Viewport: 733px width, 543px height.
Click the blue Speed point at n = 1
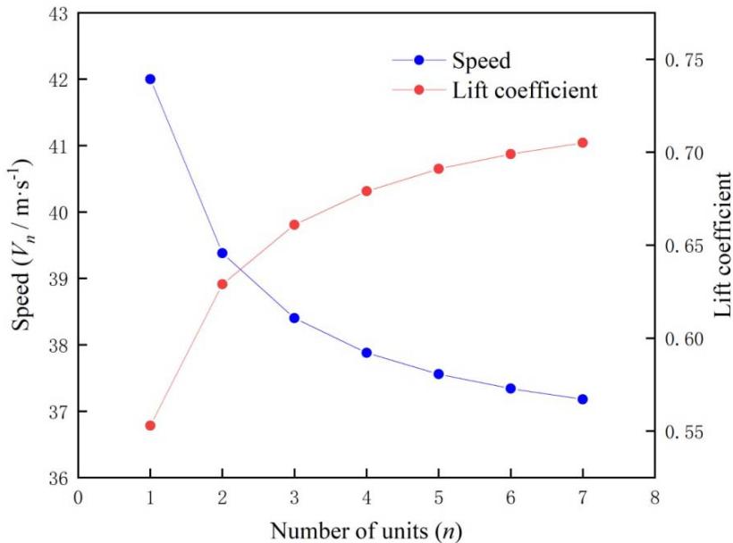(x=150, y=79)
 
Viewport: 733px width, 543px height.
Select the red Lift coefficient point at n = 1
(x=150, y=426)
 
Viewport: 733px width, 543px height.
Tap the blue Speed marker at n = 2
(x=223, y=254)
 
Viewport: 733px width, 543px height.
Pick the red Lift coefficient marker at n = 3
(x=294, y=225)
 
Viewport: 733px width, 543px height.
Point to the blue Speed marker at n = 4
(x=366, y=353)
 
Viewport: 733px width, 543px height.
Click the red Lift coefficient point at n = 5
(x=439, y=169)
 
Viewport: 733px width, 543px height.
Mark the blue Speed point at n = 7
(x=583, y=399)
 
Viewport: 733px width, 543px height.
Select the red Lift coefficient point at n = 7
(x=583, y=143)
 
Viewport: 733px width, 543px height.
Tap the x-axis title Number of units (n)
(x=367, y=524)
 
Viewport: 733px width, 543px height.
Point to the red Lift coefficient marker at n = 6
(x=510, y=155)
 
